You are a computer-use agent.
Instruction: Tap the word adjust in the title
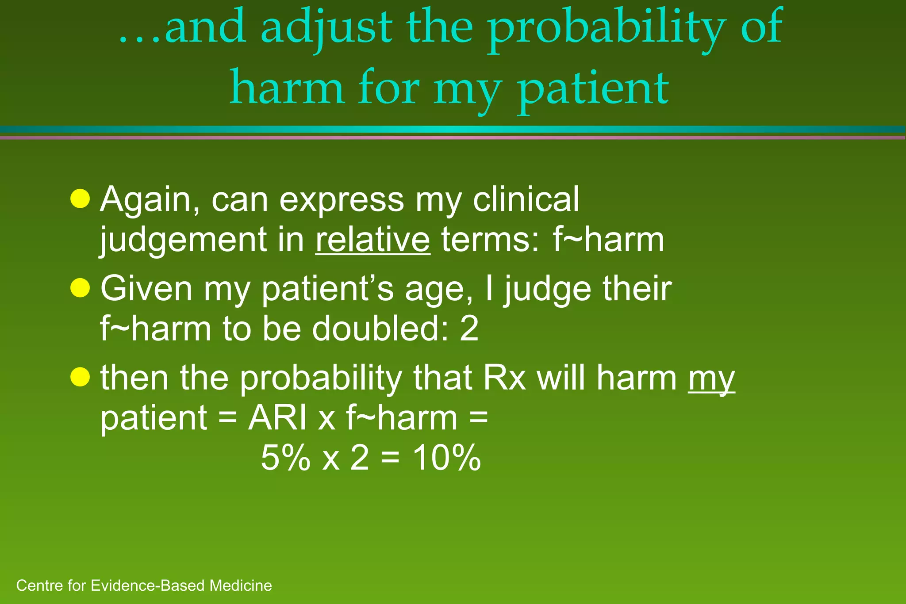tap(326, 29)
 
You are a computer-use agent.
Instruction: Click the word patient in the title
tap(593, 88)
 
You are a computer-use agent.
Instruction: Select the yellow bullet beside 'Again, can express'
tap(80, 199)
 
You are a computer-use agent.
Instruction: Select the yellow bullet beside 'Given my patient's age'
tap(80, 288)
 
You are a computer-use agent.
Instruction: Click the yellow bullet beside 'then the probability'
tap(80, 377)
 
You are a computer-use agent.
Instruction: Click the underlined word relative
tap(372, 240)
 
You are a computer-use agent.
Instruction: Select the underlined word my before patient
tap(711, 379)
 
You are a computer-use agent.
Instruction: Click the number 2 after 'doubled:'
tap(469, 329)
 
